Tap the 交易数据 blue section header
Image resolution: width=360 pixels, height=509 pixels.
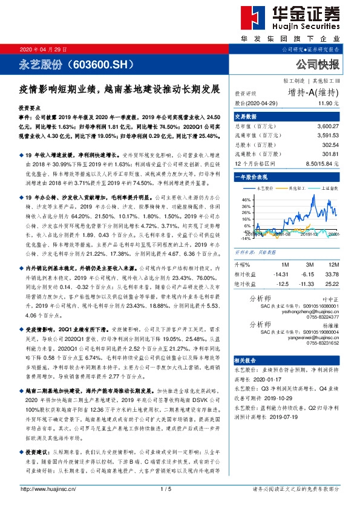(x=246, y=116)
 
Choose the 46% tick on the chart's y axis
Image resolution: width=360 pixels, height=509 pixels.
(x=245, y=199)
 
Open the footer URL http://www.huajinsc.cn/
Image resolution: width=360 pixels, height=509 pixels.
(x=48, y=488)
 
